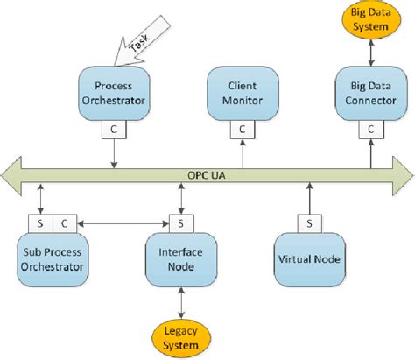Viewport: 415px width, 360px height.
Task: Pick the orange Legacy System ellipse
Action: tap(180, 337)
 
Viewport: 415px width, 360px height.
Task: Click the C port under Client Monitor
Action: tap(243, 129)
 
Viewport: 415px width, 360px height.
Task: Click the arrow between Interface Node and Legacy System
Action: tap(180, 302)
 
